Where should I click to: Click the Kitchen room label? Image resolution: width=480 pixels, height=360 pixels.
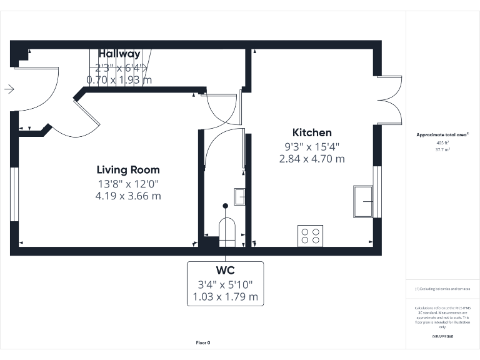click(312, 132)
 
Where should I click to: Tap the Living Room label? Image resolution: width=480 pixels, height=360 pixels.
click(128, 170)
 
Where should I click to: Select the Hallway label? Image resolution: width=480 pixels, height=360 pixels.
click(119, 54)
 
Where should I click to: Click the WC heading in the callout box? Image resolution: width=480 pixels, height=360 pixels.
click(225, 271)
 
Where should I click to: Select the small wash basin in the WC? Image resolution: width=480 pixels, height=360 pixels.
click(240, 196)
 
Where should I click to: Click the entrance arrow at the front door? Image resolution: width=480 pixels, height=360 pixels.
click(9, 89)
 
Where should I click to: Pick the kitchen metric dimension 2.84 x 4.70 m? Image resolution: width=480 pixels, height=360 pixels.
click(312, 159)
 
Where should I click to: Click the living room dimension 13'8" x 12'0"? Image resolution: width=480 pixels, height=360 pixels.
click(128, 184)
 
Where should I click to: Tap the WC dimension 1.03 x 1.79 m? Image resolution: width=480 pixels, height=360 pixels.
click(225, 297)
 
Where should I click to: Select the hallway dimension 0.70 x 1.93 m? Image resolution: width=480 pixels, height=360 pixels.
click(119, 79)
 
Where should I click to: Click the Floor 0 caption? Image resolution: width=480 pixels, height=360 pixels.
click(203, 342)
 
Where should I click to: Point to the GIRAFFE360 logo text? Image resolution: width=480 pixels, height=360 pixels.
click(442, 337)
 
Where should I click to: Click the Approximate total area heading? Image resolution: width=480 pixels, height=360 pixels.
click(442, 135)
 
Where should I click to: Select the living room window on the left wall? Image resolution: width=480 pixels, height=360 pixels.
click(14, 194)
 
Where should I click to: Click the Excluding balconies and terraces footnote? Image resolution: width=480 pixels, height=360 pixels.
click(442, 289)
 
